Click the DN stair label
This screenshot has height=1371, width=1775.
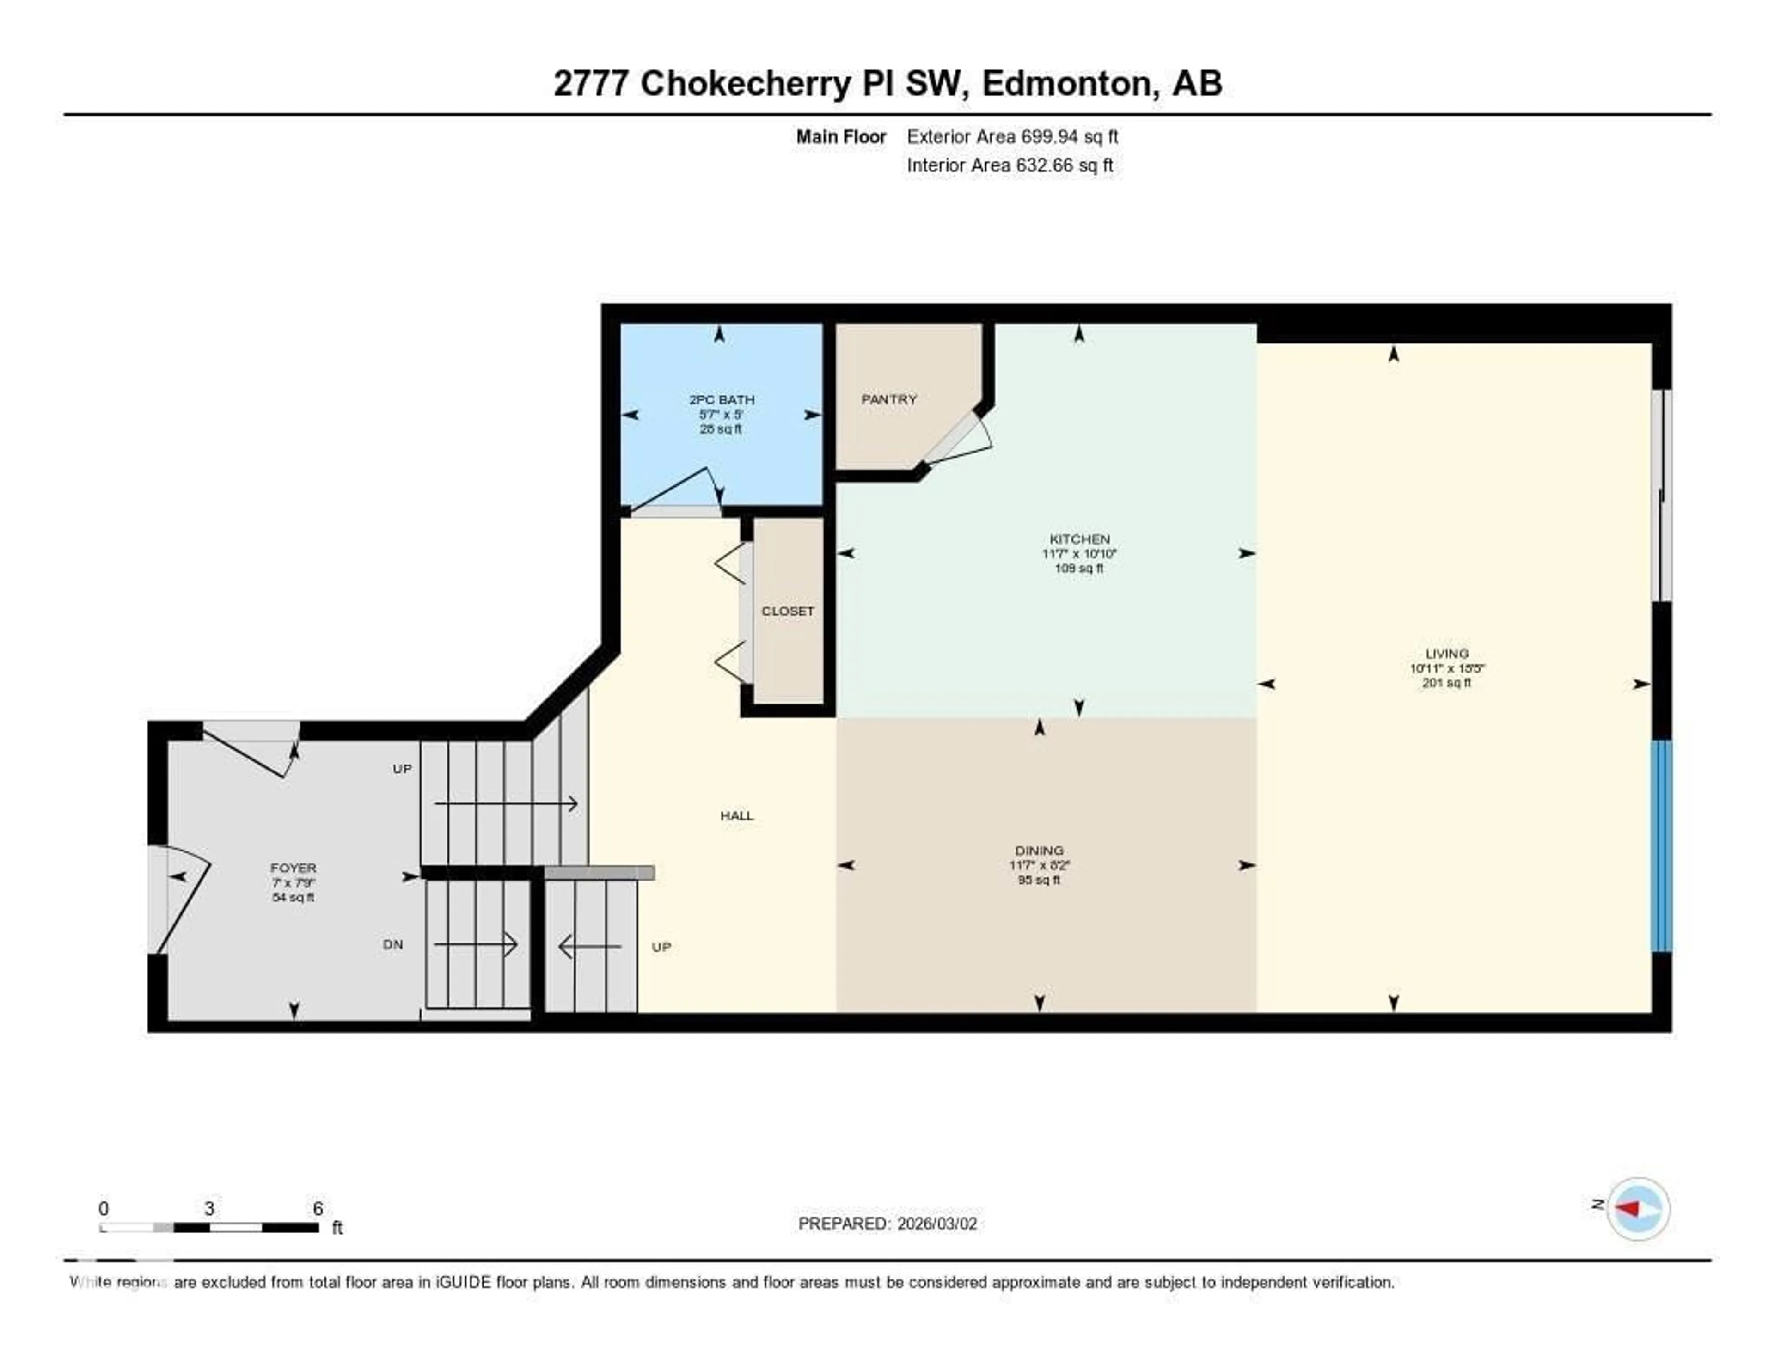coord(392,944)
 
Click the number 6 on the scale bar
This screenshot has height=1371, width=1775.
coord(318,1208)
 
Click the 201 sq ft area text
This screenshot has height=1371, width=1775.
coord(1447,683)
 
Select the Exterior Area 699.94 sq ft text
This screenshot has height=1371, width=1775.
coord(1012,136)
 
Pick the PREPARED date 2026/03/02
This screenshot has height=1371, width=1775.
coord(936,1223)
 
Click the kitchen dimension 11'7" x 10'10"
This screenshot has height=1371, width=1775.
coord(1079,553)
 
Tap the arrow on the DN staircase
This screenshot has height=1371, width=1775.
coord(476,944)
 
